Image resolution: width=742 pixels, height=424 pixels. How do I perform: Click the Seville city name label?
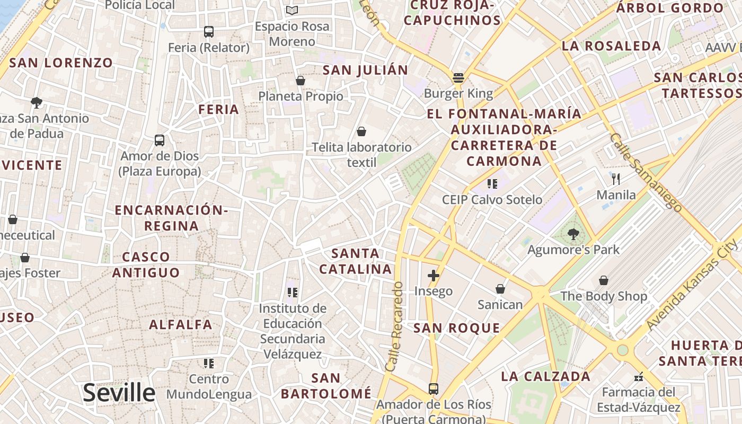click(119, 393)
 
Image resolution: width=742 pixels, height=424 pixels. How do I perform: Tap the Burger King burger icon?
click(458, 78)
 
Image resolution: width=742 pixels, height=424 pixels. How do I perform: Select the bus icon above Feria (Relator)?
click(208, 32)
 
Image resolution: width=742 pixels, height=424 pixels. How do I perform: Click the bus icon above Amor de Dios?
click(160, 140)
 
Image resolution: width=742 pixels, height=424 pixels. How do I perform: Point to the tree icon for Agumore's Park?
click(573, 234)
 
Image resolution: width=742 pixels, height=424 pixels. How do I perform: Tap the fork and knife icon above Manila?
click(615, 179)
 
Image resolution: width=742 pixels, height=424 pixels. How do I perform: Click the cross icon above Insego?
click(434, 275)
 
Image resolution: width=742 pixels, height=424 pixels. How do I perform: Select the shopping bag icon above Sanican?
click(500, 289)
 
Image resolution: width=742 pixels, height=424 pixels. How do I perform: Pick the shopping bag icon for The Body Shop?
click(604, 280)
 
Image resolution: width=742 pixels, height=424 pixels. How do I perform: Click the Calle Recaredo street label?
click(395, 326)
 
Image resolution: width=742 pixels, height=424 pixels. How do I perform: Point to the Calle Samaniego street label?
click(646, 172)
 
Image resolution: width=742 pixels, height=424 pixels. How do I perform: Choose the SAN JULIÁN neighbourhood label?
click(366, 70)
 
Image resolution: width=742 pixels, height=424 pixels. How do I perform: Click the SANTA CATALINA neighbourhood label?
click(355, 261)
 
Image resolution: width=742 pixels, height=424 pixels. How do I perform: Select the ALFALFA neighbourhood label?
click(181, 324)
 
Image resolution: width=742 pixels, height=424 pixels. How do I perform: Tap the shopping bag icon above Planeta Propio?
click(301, 81)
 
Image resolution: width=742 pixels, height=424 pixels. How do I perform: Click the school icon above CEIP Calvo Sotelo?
click(492, 184)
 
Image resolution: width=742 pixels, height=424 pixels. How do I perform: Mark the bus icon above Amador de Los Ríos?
click(434, 389)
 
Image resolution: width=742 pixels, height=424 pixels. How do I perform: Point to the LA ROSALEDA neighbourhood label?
click(611, 46)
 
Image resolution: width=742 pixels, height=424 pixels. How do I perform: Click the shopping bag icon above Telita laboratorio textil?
click(361, 131)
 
